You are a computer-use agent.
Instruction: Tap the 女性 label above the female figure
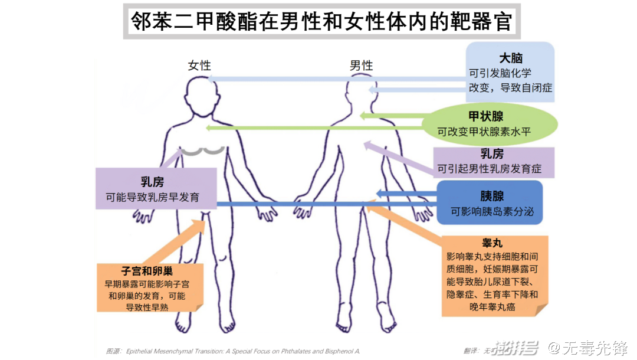[x=199, y=65]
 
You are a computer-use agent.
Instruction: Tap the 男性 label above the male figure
[x=361, y=65]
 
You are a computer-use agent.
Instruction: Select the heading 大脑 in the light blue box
[x=511, y=58]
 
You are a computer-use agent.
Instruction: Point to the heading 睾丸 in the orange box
[x=492, y=243]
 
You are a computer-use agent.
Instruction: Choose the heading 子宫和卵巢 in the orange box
[x=147, y=271]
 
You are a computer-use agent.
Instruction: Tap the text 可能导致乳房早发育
[x=152, y=198]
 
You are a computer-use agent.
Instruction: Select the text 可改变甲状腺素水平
[x=484, y=132]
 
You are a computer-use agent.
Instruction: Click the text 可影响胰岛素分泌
[x=492, y=211]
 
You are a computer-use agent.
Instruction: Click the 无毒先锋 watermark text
[x=595, y=348]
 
